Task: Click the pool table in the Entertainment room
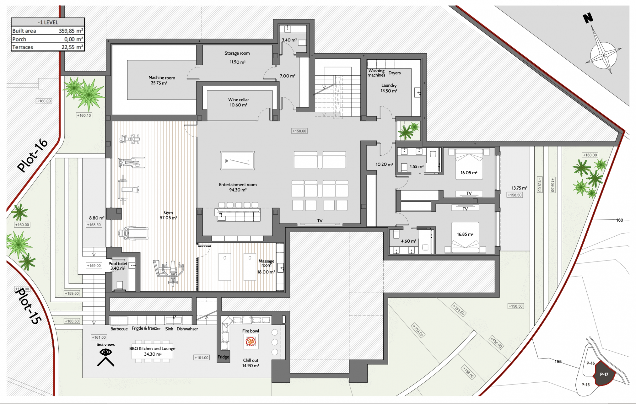pos(238,161)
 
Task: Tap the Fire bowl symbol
pos(251,342)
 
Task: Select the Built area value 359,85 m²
pos(71,31)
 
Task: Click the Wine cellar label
pos(238,100)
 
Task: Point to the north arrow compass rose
pos(602,50)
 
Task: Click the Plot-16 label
pos(32,155)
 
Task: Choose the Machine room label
pos(162,78)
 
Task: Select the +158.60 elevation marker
pos(299,131)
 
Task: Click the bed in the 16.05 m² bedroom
pos(469,164)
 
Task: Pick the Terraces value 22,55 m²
pos(72,47)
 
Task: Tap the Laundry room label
pos(389,86)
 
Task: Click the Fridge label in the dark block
pos(223,357)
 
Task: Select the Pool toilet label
pos(118,264)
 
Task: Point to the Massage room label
pos(266,263)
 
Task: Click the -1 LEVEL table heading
pos(48,22)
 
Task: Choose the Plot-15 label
pos(28,306)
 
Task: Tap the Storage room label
pos(237,53)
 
